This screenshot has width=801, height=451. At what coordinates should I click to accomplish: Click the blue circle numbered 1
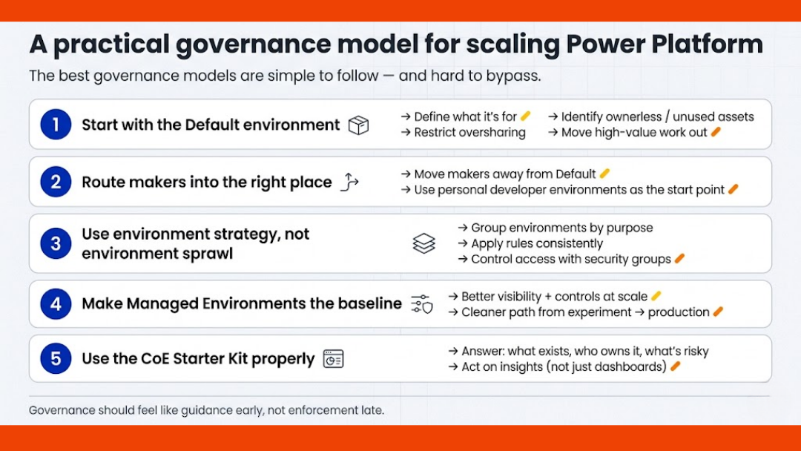(56, 125)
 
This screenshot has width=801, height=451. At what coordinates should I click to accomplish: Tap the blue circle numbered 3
(56, 243)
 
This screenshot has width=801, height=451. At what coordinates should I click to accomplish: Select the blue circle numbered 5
(56, 359)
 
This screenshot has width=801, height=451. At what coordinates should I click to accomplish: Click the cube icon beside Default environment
(359, 125)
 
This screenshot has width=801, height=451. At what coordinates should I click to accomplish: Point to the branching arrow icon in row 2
(349, 182)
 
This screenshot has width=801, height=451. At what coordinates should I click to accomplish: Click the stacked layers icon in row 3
(423, 243)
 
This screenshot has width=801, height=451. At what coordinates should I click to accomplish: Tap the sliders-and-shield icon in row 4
(421, 303)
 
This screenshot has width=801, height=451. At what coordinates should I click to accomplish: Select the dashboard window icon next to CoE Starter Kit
(334, 359)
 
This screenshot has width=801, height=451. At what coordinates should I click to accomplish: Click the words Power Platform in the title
(665, 45)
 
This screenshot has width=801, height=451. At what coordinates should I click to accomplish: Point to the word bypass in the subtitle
(508, 76)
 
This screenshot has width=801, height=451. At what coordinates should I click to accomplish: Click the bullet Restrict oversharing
(464, 133)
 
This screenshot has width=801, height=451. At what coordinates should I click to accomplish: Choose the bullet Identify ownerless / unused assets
(651, 116)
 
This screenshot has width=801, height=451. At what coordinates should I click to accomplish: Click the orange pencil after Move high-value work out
(716, 132)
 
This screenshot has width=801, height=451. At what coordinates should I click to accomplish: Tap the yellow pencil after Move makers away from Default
(604, 174)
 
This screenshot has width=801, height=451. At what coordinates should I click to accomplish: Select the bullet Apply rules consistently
(530, 243)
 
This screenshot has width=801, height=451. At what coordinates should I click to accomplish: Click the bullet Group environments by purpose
(556, 228)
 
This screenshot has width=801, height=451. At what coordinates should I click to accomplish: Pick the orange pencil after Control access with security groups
(679, 259)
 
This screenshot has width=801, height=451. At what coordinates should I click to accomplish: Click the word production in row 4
(679, 312)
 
